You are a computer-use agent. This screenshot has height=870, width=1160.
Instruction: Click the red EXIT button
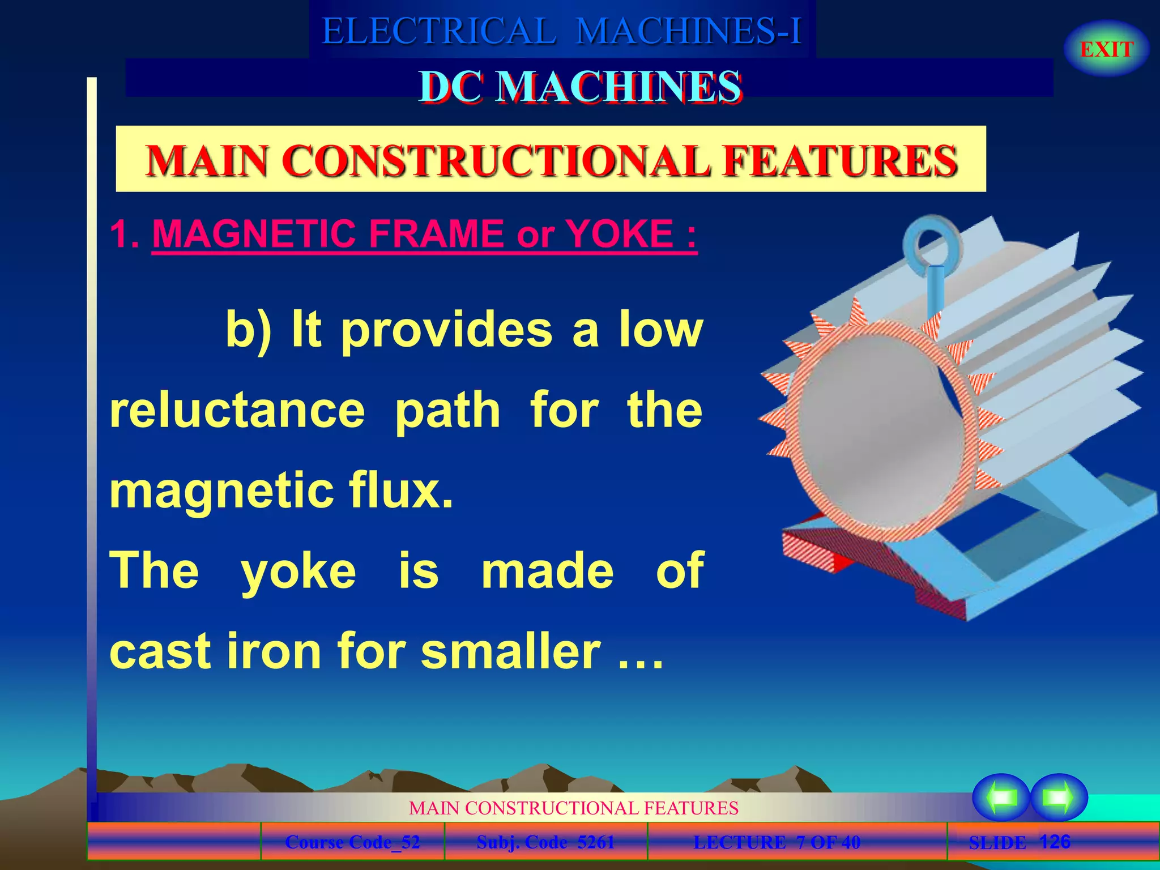click(x=1106, y=49)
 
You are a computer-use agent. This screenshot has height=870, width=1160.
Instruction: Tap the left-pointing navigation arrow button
click(x=1001, y=797)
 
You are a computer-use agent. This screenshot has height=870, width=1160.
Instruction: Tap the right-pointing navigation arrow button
click(x=1059, y=797)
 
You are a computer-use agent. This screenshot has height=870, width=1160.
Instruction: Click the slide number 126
click(x=1055, y=841)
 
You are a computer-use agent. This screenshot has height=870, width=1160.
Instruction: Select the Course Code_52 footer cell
click(x=352, y=842)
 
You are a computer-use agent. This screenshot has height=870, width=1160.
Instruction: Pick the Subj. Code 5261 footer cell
click(x=545, y=842)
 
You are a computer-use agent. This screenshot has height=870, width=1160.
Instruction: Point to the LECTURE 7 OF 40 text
click(x=777, y=842)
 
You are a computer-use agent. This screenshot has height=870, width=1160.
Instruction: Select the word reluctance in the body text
click(x=237, y=410)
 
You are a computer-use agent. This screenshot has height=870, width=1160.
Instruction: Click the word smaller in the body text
click(x=510, y=651)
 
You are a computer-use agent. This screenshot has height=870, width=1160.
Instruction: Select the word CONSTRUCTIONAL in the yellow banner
click(x=496, y=160)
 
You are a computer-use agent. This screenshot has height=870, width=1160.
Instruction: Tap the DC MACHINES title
click(x=580, y=87)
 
